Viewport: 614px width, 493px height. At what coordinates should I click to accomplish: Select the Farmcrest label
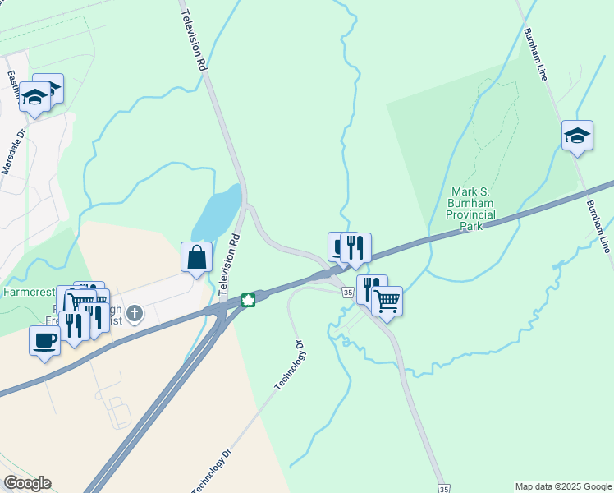[27, 291]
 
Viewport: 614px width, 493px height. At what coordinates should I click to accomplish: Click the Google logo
[27, 483]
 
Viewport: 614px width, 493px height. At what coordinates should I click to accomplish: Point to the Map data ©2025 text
[563, 486]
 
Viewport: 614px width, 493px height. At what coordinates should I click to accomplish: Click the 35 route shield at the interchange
[348, 293]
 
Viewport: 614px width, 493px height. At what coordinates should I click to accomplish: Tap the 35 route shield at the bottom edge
[443, 486]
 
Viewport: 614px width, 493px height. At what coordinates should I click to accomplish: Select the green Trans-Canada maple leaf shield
[248, 300]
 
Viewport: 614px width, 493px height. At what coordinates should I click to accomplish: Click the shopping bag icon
[197, 257]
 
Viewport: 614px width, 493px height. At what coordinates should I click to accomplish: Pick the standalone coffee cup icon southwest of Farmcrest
[44, 340]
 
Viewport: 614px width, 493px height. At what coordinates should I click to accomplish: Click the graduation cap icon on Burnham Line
[577, 135]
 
